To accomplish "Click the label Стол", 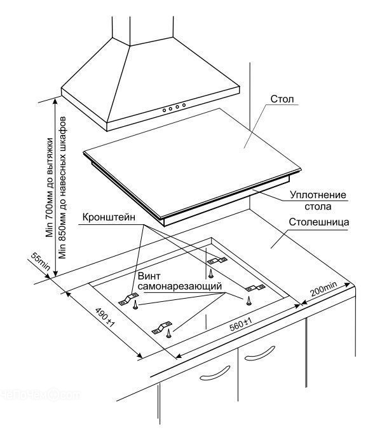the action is (282, 99).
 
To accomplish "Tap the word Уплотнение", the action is (318, 195).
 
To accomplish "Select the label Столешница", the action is (319, 222).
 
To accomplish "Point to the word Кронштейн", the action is (109, 217).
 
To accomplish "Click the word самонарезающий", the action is (180, 286).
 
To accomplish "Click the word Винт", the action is (149, 276).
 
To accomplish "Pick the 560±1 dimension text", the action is (241, 324).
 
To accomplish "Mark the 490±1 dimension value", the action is (105, 317).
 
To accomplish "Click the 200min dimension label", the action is (324, 289).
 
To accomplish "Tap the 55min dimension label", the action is (41, 261).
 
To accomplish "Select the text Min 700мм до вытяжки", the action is (50, 187).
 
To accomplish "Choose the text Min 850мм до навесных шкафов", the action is (62, 187).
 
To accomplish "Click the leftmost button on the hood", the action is (164, 110).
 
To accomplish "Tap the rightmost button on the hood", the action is (184, 105).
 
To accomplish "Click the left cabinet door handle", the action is (215, 373).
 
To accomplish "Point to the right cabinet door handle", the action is (260, 353).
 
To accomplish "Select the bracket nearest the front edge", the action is (161, 327).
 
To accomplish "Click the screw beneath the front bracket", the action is (168, 333).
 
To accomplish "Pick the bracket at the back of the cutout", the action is (217, 260).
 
